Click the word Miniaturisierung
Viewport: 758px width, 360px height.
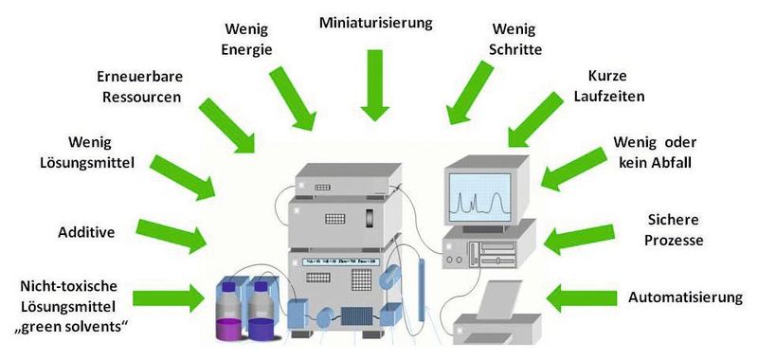375,21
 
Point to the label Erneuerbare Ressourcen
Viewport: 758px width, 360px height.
139,85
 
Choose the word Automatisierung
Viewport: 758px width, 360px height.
685,297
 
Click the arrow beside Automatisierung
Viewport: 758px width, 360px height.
583,297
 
